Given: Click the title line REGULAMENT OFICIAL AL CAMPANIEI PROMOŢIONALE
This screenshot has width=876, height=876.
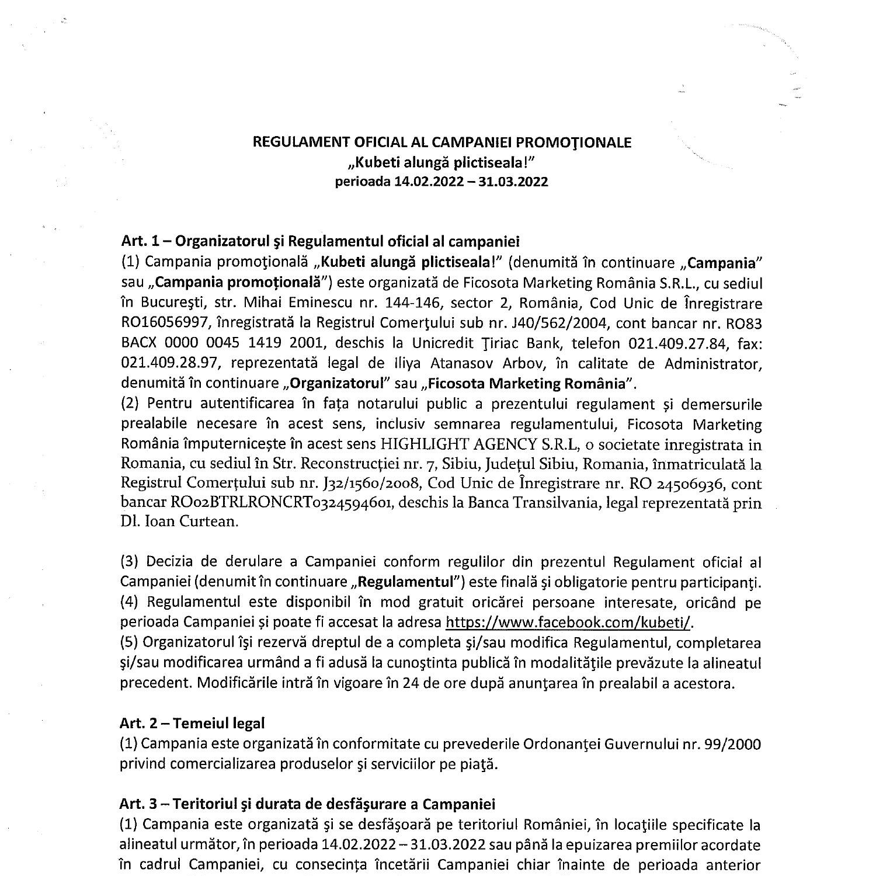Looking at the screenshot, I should pos(441,142).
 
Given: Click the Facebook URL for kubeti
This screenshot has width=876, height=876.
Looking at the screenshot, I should pos(568,622).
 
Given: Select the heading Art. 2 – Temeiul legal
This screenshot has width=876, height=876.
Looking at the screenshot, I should pos(192,723).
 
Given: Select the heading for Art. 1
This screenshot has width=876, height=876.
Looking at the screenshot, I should pos(320,241).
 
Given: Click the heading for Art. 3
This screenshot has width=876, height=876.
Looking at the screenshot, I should pos(307,804).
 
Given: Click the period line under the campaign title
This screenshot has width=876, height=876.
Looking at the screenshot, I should pos(441,182).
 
